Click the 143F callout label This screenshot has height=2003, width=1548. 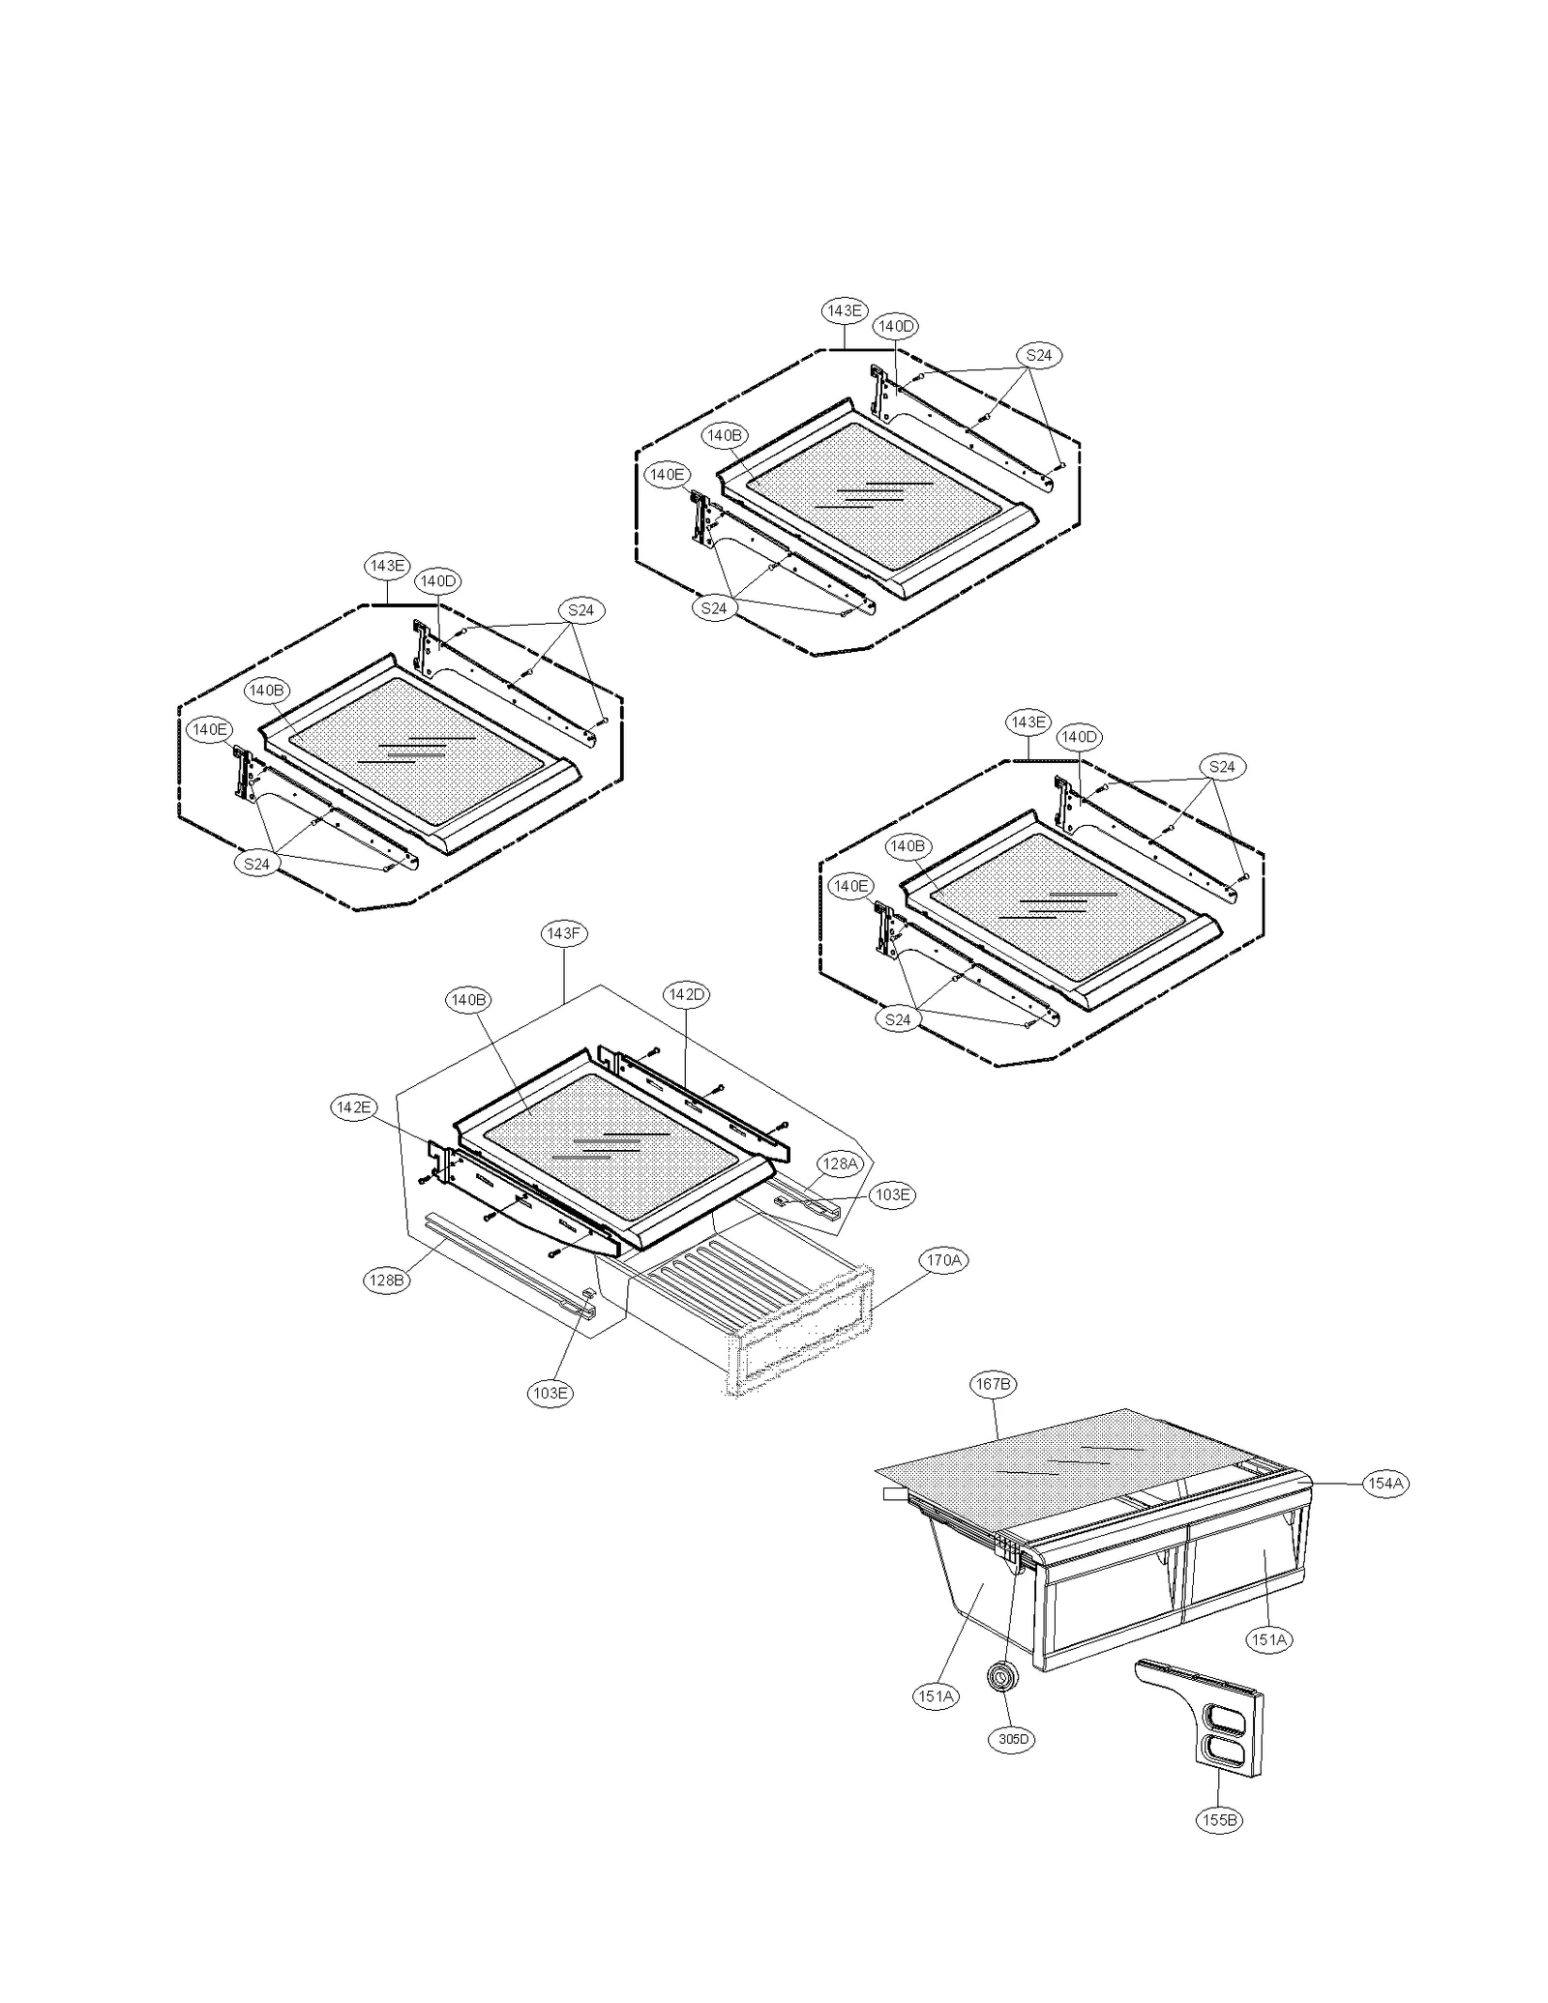point(563,933)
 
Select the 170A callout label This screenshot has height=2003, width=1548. point(943,1260)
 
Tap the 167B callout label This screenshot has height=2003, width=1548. point(993,1384)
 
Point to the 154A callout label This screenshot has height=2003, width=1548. point(1385,1484)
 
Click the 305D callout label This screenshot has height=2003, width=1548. point(1013,1738)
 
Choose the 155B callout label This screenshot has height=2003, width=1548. point(1218,1819)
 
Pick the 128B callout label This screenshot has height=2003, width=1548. point(386,1280)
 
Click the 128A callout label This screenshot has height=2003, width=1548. point(839,1164)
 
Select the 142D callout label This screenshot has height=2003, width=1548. point(687,994)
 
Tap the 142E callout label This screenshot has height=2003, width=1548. point(353,1107)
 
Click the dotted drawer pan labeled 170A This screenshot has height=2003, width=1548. point(774,1335)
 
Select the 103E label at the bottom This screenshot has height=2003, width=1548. point(550,1392)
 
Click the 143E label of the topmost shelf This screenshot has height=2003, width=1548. point(844,310)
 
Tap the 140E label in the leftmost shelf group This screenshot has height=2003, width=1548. point(210,729)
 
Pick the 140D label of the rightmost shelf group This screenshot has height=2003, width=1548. point(1079,736)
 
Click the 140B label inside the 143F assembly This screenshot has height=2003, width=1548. point(468,999)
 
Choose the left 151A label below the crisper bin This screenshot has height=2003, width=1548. point(936,1695)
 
